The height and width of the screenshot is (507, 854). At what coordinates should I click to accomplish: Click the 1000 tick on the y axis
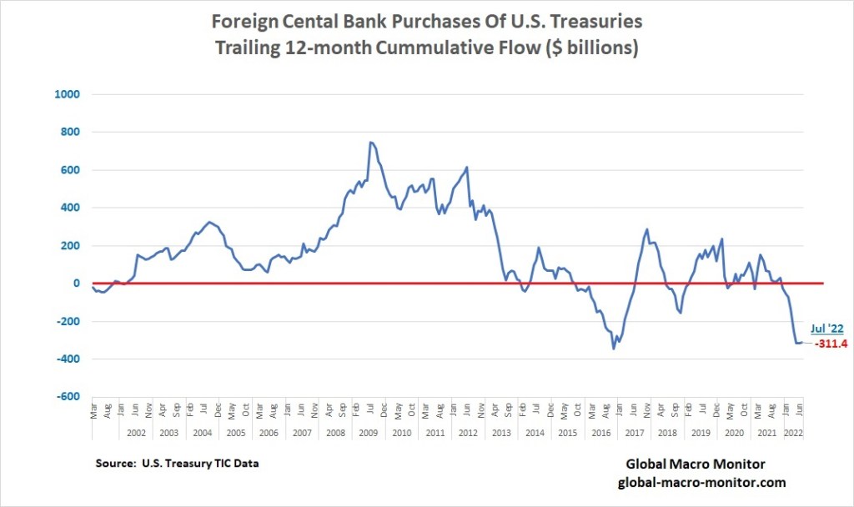[66, 94]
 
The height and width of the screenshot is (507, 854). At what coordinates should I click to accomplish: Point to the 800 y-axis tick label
[68, 132]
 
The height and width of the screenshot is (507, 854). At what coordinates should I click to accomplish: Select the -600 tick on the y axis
[67, 397]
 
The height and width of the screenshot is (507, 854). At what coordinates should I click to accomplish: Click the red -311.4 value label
[831, 343]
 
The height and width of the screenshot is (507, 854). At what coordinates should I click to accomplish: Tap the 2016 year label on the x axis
[601, 434]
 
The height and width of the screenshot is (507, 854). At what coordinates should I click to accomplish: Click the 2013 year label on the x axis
[501, 434]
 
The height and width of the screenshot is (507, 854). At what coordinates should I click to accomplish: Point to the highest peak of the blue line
[370, 142]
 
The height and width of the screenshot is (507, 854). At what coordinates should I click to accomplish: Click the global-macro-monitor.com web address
[701, 482]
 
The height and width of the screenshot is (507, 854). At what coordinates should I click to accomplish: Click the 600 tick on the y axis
[68, 170]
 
